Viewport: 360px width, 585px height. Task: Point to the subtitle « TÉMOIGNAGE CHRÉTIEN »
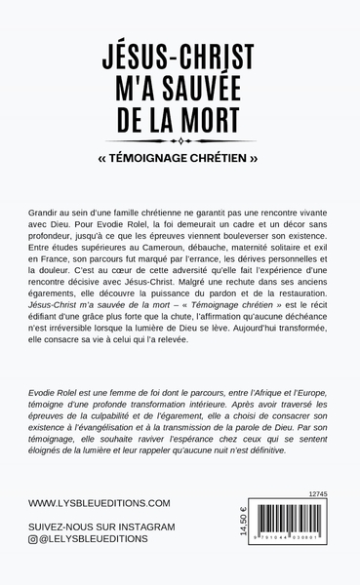point(180,153)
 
